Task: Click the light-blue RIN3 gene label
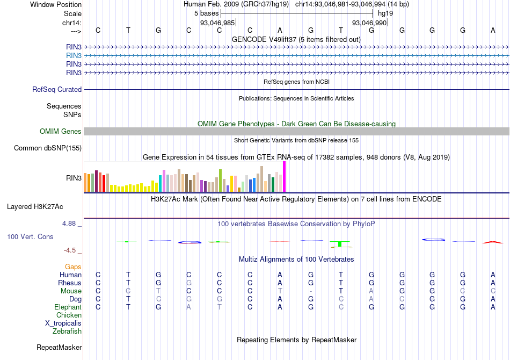click(x=74, y=55)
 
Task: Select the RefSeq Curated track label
click(x=57, y=90)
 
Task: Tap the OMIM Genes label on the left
click(x=61, y=132)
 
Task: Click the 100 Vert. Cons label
click(x=31, y=236)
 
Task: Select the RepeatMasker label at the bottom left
click(x=59, y=348)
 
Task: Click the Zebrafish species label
click(x=67, y=331)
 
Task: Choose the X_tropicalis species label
click(x=63, y=323)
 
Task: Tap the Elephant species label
click(x=68, y=307)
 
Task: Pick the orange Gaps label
click(x=73, y=267)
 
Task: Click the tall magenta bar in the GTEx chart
click(x=284, y=176)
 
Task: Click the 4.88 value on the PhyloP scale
click(x=72, y=224)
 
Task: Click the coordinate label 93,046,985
click(x=217, y=23)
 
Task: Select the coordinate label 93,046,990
click(x=369, y=23)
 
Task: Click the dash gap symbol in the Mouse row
click(x=311, y=291)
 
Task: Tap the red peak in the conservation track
click(x=493, y=242)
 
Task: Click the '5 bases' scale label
click(x=206, y=13)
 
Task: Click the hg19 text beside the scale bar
click(x=385, y=13)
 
